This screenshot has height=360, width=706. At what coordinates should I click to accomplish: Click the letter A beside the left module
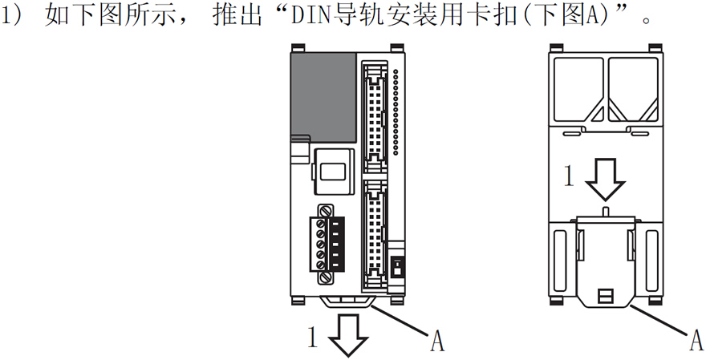point(437,342)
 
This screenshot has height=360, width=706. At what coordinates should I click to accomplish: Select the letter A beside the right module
point(696,342)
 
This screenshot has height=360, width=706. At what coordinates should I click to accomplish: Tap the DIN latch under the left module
point(349,303)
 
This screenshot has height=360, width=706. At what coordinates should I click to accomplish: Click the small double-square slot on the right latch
point(606,296)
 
